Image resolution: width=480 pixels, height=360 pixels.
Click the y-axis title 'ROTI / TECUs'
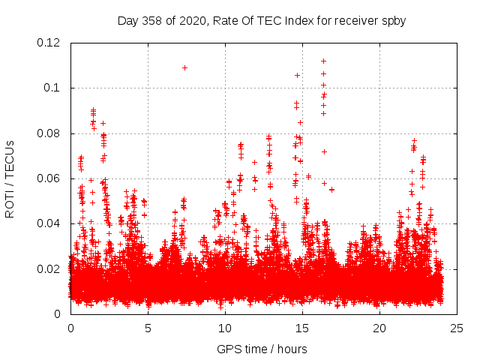[10, 178]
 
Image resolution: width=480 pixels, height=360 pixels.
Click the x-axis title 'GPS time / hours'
[262, 349]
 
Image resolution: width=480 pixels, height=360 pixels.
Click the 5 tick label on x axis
[148, 328]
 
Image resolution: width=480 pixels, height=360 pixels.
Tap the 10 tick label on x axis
[225, 328]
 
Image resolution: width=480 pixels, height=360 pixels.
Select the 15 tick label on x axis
[302, 328]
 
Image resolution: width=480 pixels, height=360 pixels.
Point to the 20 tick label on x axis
[379, 328]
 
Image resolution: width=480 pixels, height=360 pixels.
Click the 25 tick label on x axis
[457, 328]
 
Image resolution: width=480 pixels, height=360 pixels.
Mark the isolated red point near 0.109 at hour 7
[184, 67]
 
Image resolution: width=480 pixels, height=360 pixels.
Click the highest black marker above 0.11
[323, 61]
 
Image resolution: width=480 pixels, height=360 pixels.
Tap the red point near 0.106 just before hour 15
[297, 75]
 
